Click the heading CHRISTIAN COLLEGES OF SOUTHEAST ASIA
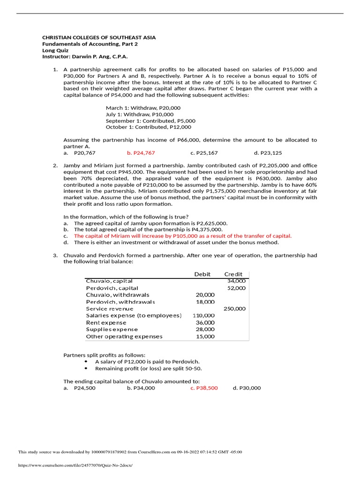99,37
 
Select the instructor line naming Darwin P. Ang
84,57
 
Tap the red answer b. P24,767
141,153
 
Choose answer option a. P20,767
79,153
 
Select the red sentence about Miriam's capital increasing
182,236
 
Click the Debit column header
202,274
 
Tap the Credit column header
233,274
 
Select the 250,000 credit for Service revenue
234,308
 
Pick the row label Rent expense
106,322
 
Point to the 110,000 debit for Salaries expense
203,315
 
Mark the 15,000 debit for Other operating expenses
205,336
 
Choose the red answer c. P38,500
204,388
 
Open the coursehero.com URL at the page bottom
75,465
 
